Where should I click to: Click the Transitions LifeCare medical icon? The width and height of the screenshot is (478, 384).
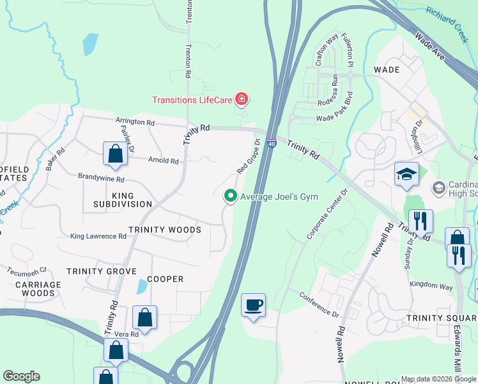(242, 99)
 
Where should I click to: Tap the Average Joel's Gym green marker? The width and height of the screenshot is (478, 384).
(230, 196)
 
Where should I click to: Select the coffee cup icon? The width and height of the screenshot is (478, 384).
(254, 305)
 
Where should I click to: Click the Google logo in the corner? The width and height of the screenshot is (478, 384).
(21, 376)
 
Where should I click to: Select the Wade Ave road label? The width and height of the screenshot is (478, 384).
(429, 46)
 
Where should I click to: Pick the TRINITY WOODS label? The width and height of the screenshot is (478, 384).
(165, 230)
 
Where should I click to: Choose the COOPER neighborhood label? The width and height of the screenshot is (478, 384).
(166, 279)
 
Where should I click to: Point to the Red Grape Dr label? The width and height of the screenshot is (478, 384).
(249, 157)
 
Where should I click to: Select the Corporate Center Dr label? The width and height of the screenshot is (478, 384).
(327, 214)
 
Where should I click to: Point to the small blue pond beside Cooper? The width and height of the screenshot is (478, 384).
(141, 287)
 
